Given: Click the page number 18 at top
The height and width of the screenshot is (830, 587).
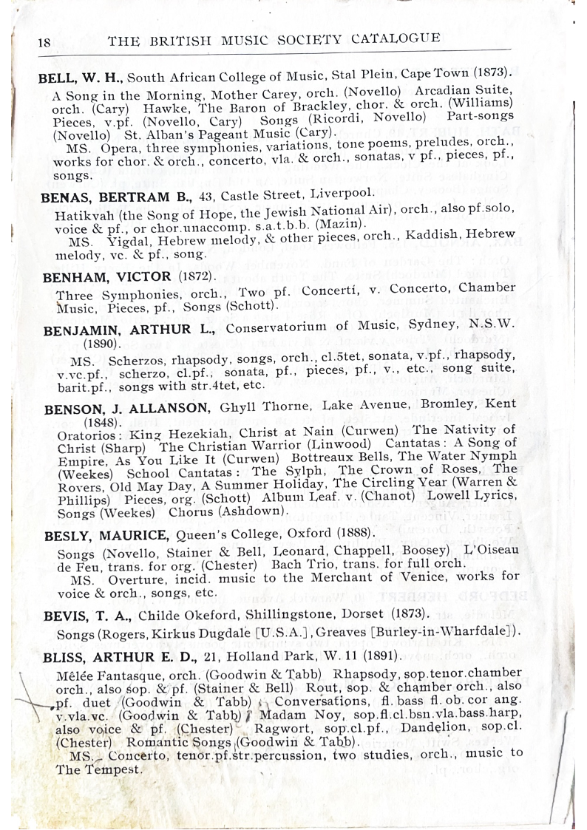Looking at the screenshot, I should tap(44, 42).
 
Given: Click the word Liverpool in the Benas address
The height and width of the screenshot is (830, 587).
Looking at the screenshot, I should tap(325, 194).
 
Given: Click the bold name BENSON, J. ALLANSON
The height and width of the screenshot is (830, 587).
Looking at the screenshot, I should tap(127, 409).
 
